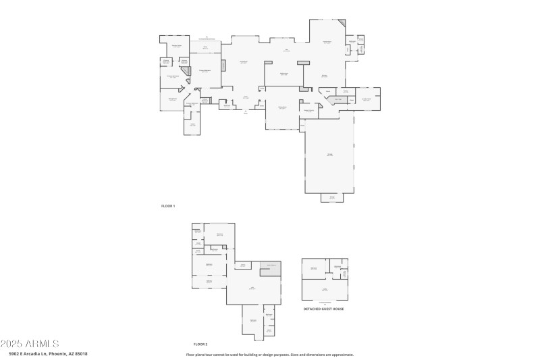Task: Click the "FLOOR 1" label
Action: (168, 205)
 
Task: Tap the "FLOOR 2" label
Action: (200, 344)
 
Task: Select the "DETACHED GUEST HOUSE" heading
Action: (323, 309)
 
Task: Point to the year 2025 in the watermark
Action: (11, 344)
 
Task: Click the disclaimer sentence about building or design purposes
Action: (270, 354)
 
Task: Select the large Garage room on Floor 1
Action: (329, 155)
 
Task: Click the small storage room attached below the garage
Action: (332, 198)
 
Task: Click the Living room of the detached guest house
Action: (324, 290)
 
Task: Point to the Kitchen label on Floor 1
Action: (325, 76)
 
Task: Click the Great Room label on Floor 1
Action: (243, 62)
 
